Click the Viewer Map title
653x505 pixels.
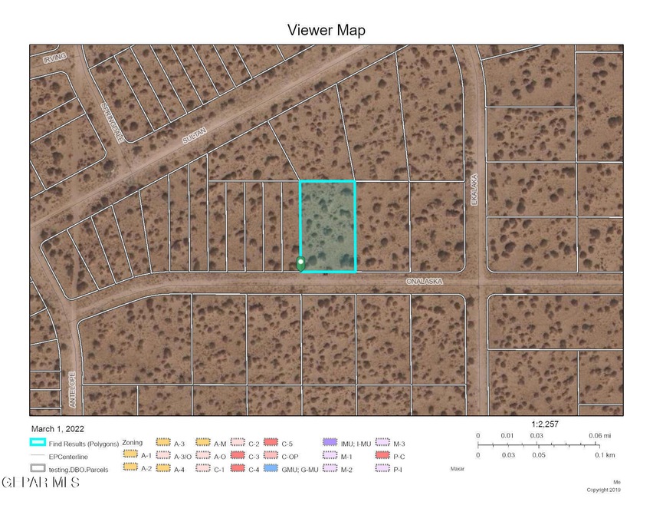coord(326,31)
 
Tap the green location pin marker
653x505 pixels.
coord(300,264)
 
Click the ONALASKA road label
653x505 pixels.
coord(425,282)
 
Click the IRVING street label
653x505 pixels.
coord(54,56)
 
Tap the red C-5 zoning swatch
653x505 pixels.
coord(270,443)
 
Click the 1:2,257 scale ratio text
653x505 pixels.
coord(546,423)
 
